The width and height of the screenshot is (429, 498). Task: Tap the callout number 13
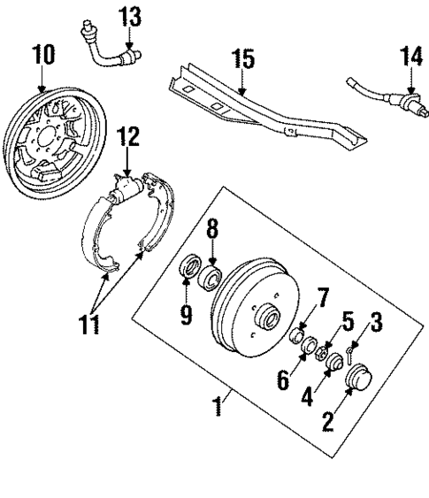[129, 17]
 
